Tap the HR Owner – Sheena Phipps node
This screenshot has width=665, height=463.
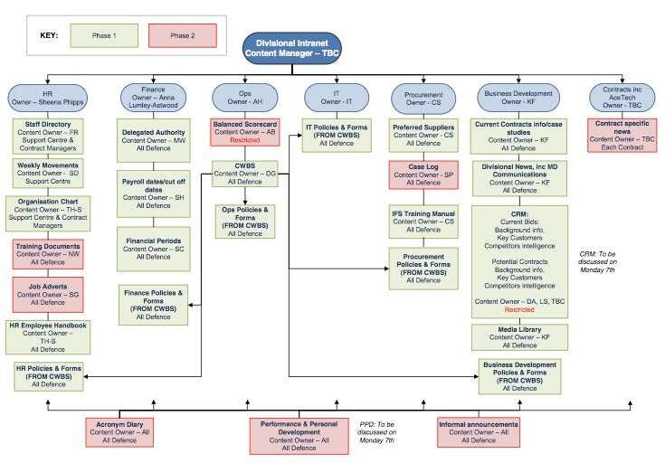pyautogui.click(x=48, y=97)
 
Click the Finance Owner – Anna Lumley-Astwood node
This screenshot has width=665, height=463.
pyautogui.click(x=152, y=98)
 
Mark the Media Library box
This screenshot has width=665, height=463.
pyautogui.click(x=518, y=336)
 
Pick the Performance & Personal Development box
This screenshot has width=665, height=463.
pyautogui.click(x=299, y=435)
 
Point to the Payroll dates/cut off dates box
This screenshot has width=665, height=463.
pyautogui.click(x=153, y=192)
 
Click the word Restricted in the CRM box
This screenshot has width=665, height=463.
pyautogui.click(x=518, y=309)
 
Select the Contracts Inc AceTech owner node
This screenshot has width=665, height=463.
pyautogui.click(x=622, y=97)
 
